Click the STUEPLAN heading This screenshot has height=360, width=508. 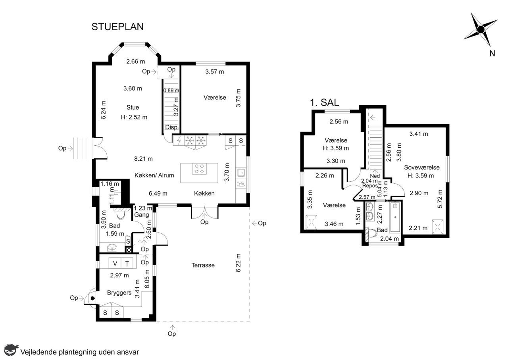point(117,27)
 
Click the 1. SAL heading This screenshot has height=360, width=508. point(324,102)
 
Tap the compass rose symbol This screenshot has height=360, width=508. point(481,29)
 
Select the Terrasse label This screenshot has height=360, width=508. point(203,265)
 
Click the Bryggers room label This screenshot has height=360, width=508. point(119,293)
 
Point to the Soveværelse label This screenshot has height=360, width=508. point(422,167)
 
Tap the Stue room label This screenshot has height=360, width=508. point(133,107)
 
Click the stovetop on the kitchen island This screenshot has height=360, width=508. point(199,169)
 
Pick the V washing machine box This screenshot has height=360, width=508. point(115,264)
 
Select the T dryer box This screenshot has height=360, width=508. point(127,264)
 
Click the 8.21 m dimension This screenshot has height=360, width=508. point(143,159)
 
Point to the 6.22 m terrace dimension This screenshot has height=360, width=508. point(238,263)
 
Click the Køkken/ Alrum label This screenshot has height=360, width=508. point(154,175)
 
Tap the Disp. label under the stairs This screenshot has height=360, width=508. point(172,127)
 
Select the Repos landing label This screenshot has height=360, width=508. point(370,186)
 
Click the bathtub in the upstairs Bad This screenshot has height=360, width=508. point(395,218)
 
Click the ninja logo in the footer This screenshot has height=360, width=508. point(11,350)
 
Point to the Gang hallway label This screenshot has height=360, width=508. point(142,215)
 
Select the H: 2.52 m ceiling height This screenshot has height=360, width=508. point(134,117)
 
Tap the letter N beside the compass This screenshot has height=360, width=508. point(492,54)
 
